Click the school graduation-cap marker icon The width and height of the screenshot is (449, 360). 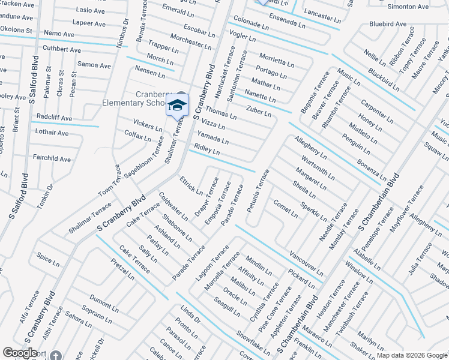pos(176,105)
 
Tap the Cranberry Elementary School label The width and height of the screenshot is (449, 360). pos(141,98)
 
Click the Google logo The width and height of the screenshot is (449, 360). pos(20,353)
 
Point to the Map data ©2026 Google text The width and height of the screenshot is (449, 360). pos(412,355)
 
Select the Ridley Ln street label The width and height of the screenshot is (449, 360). pos(207,149)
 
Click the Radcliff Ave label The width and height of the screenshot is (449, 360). pos(54,118)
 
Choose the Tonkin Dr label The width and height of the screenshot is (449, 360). pos(45,196)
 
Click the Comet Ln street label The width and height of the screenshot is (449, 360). pos(286,208)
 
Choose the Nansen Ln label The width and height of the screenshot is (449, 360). pos(149,72)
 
